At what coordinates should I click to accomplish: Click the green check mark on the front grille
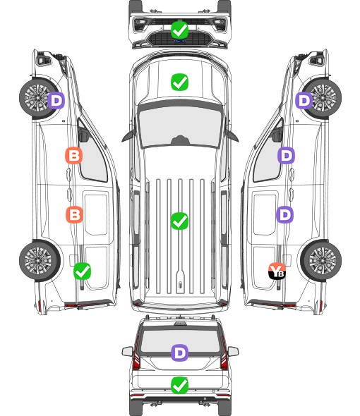click(179, 30)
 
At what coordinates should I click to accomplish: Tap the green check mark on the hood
click(179, 82)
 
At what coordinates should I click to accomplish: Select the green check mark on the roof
click(179, 221)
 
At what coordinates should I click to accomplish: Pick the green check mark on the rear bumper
click(179, 385)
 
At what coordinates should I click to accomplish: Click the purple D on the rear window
click(179, 353)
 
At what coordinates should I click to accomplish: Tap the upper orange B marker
click(73, 155)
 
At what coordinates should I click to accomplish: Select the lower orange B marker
click(74, 214)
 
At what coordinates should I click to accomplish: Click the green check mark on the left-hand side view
click(82, 271)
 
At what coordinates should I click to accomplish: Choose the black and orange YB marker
click(277, 271)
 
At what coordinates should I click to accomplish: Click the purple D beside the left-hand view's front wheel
click(56, 100)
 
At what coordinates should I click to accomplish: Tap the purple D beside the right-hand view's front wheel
click(304, 100)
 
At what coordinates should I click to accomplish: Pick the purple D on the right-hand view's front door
click(286, 155)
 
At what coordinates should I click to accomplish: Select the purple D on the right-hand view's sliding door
click(285, 214)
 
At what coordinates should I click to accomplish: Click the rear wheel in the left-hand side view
click(40, 260)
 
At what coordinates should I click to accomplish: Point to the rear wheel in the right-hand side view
click(321, 260)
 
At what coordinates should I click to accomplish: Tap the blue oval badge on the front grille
click(179, 41)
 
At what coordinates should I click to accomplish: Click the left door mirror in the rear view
click(127, 351)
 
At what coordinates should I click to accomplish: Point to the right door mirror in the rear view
click(233, 351)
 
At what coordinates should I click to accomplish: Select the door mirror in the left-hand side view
click(83, 135)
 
